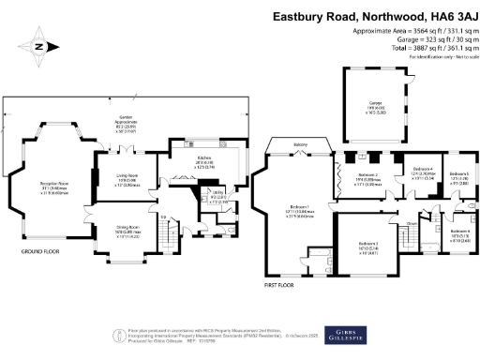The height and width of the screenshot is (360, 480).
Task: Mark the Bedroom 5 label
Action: click(x=458, y=176)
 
